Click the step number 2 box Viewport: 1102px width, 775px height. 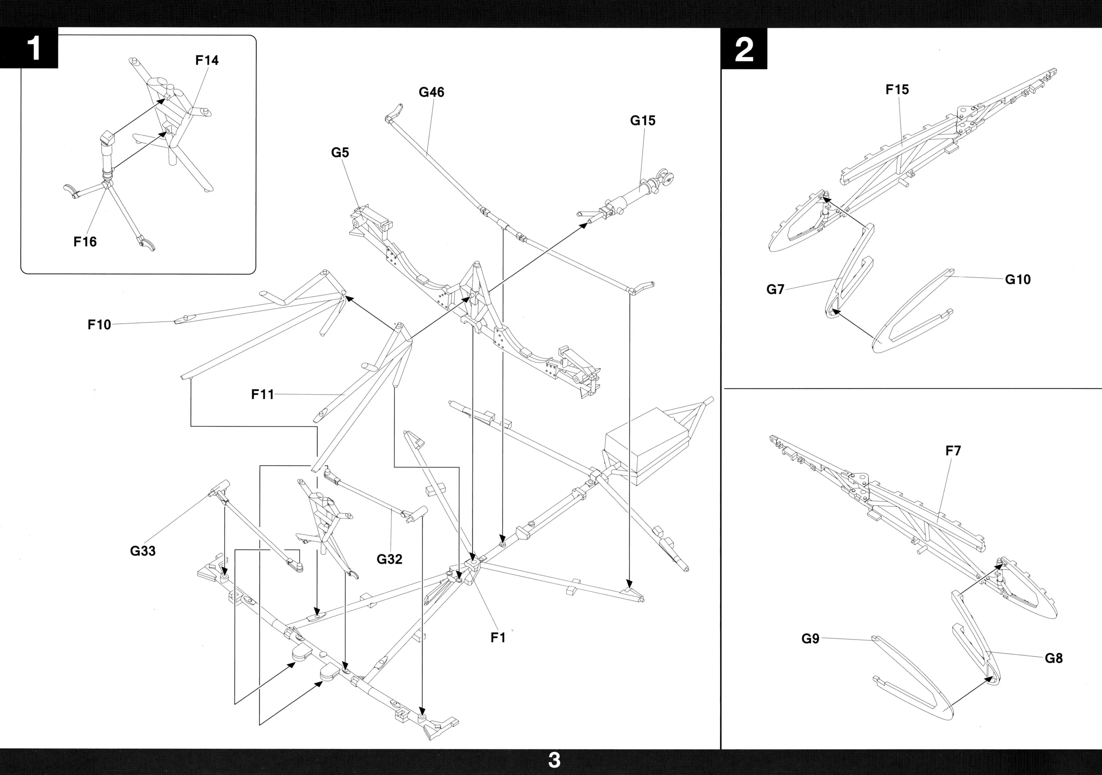pyautogui.click(x=744, y=49)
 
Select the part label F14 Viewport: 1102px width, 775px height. pyautogui.click(x=207, y=60)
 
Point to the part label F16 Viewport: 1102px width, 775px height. pyautogui.click(x=85, y=241)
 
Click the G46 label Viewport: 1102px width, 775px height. pyautogui.click(x=431, y=92)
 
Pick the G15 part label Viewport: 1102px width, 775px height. pyautogui.click(x=643, y=121)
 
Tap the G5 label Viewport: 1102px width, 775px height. pyautogui.click(x=340, y=153)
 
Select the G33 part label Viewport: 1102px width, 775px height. pyautogui.click(x=142, y=551)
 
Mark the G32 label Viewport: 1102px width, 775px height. pyautogui.click(x=389, y=559)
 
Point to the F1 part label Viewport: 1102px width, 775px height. pyautogui.click(x=498, y=638)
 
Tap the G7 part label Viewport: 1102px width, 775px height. pyautogui.click(x=775, y=289)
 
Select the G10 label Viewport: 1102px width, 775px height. pyautogui.click(x=1018, y=279)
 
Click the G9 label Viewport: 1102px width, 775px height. pyautogui.click(x=810, y=639)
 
